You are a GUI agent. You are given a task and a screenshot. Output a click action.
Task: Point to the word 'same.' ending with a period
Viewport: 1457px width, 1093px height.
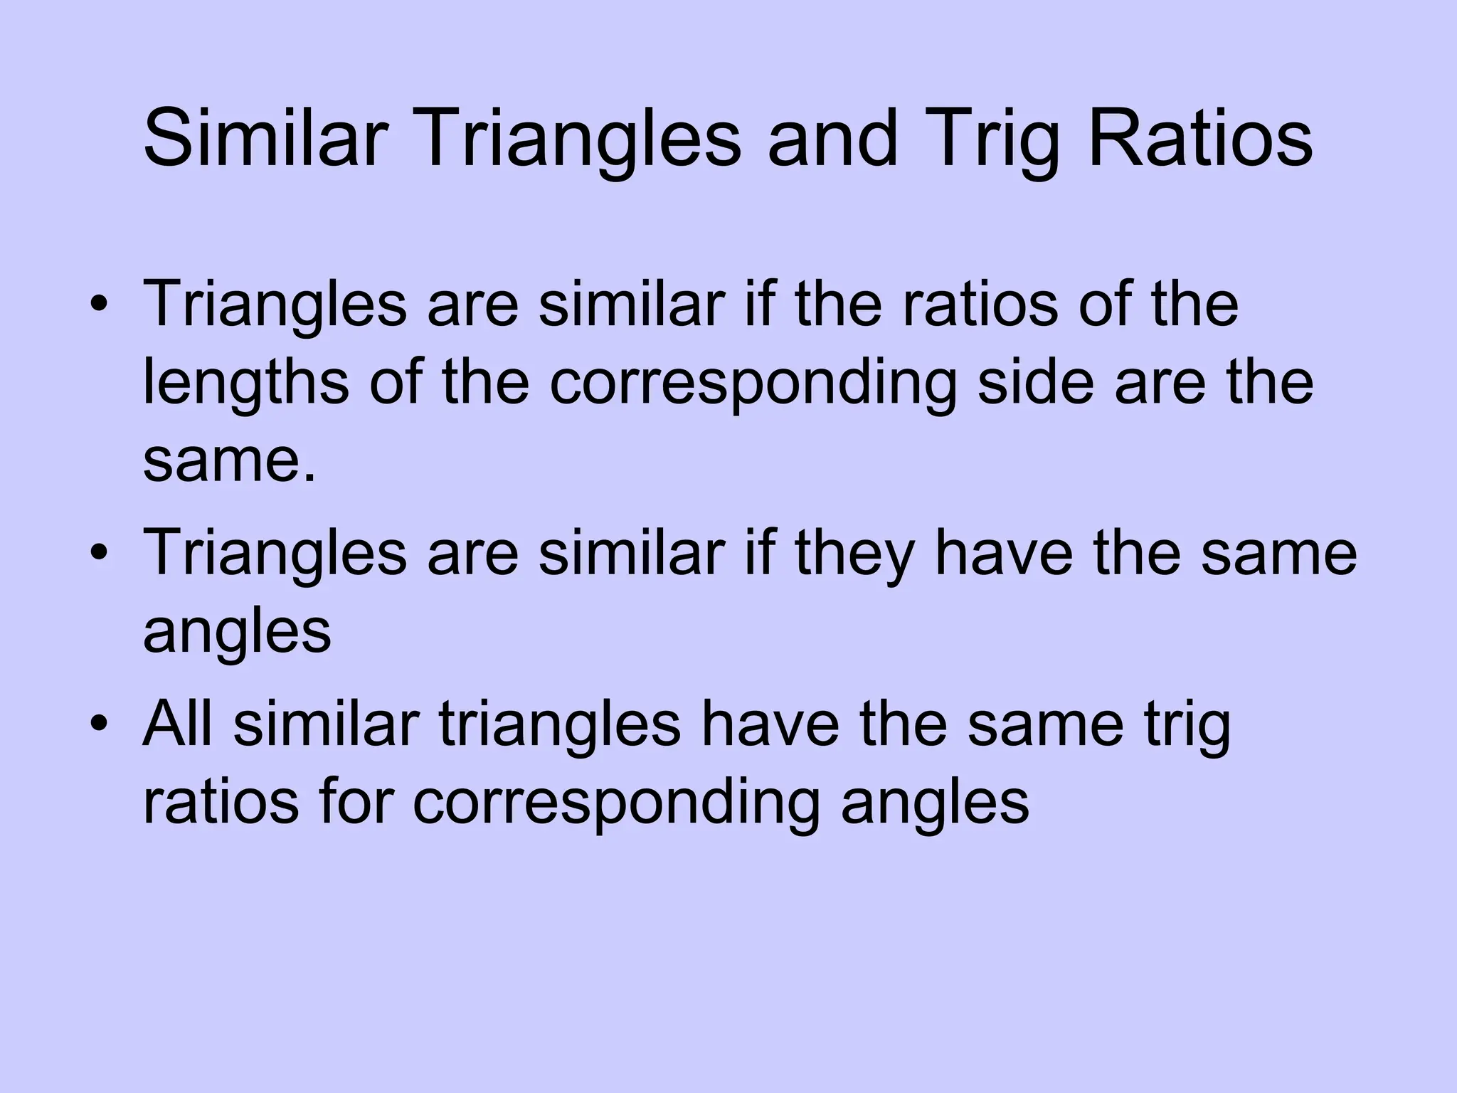(229, 461)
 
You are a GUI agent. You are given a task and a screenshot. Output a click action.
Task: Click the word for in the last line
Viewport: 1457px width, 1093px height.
(355, 803)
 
